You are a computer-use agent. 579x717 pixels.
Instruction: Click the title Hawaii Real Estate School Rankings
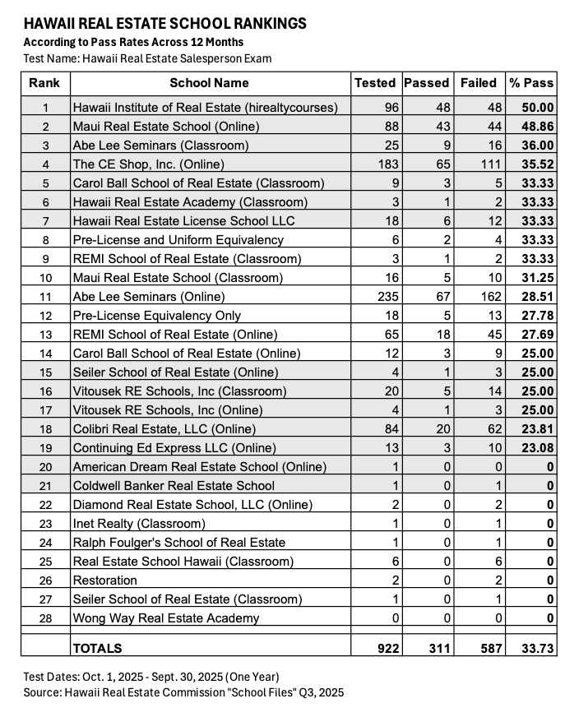164,24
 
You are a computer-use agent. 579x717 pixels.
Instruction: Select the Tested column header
374,82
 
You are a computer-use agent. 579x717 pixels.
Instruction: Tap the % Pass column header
531,82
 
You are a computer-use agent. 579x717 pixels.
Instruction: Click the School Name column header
209,82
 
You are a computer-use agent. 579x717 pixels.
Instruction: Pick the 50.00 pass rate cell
537,108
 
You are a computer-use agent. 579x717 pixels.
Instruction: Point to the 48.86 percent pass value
537,127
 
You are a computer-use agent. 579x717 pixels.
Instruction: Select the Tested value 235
385,297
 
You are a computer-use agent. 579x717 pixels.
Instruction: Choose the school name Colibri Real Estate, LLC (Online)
164,429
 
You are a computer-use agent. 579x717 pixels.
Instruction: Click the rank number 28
45,618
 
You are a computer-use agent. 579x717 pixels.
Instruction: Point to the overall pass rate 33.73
537,649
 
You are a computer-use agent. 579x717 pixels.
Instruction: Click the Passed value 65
440,164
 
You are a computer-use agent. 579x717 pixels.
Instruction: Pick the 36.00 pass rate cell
537,146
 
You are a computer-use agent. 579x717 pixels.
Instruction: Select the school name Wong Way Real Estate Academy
166,618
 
